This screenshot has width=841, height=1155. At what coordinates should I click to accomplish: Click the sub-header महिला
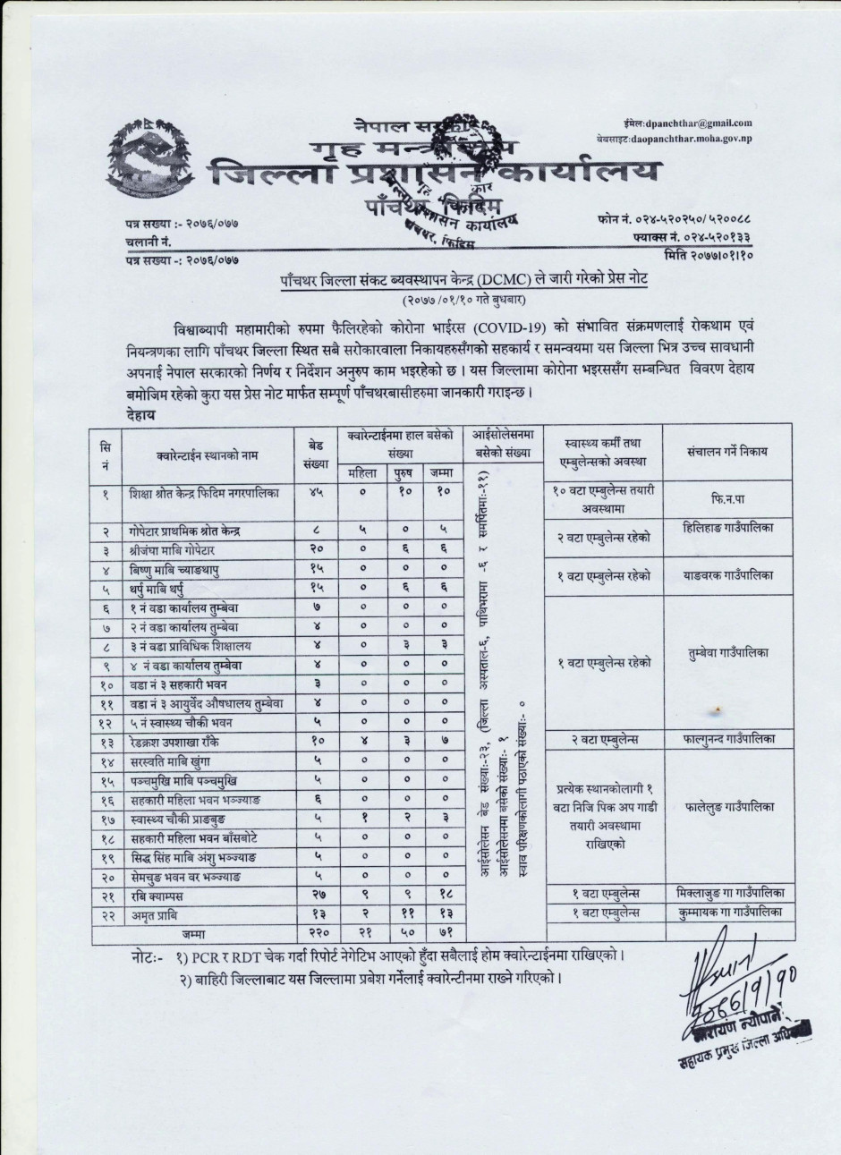(x=363, y=471)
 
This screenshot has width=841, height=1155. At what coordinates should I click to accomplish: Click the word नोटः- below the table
(x=147, y=955)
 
